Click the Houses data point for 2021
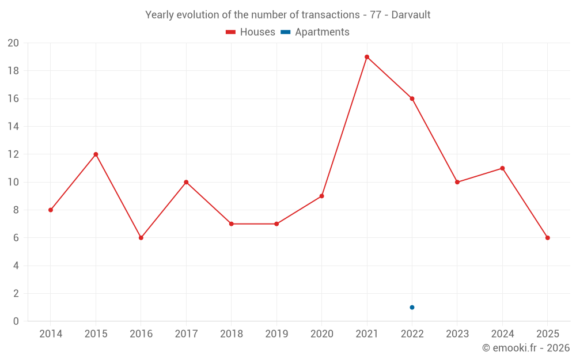coord(367,57)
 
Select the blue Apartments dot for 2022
coord(412,307)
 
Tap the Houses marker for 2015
coord(96,154)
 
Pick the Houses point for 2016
coord(141,238)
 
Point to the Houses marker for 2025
coord(548,238)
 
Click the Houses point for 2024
coord(502,168)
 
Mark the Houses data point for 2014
coord(51,210)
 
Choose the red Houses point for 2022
coord(412,98)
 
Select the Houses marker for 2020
coord(321,196)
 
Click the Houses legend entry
coord(251,32)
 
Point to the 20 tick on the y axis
coord(13,43)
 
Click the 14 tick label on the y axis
coord(13,127)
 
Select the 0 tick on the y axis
coord(16,321)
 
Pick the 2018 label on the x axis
coord(231,334)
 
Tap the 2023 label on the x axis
coord(457,334)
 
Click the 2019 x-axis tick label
coord(276,334)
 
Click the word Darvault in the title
coord(411,15)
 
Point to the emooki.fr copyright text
coord(526,348)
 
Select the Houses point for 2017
coord(186,182)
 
